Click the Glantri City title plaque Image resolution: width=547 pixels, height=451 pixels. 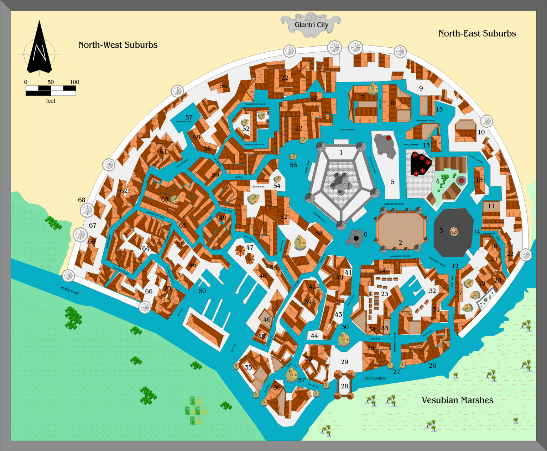pyautogui.click(x=311, y=25)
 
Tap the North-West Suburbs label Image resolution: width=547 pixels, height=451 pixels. pyautogui.click(x=118, y=45)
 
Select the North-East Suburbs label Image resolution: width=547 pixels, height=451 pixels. pyautogui.click(x=477, y=33)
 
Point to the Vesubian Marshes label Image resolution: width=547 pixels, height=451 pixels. pyautogui.click(x=457, y=400)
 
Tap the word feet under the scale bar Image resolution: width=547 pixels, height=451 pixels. pyautogui.click(x=51, y=101)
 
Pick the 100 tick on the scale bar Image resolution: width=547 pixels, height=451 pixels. pyautogui.click(x=74, y=82)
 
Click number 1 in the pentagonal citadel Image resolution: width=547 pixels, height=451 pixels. pyautogui.click(x=341, y=153)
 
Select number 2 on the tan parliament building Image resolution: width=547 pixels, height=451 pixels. pyautogui.click(x=400, y=243)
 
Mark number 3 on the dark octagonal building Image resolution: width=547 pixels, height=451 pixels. pyautogui.click(x=441, y=230)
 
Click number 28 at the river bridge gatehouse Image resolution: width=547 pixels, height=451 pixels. pyautogui.click(x=344, y=386)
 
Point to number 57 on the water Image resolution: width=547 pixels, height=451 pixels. pyautogui.click(x=189, y=117)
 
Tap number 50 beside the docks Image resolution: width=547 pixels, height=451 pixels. pyautogui.click(x=202, y=291)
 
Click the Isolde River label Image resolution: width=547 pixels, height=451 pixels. pyautogui.click(x=69, y=291)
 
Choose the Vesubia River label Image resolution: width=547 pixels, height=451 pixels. pyautogui.click(x=375, y=378)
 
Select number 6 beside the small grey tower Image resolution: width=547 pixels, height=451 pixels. pyautogui.click(x=365, y=234)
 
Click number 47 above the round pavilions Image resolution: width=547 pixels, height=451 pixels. pyautogui.click(x=250, y=247)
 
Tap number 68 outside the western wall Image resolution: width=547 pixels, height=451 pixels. pyautogui.click(x=82, y=200)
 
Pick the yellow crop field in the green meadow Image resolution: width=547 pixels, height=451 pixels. pyautogui.click(x=196, y=411)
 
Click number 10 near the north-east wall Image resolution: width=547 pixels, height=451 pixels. pyautogui.click(x=481, y=132)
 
